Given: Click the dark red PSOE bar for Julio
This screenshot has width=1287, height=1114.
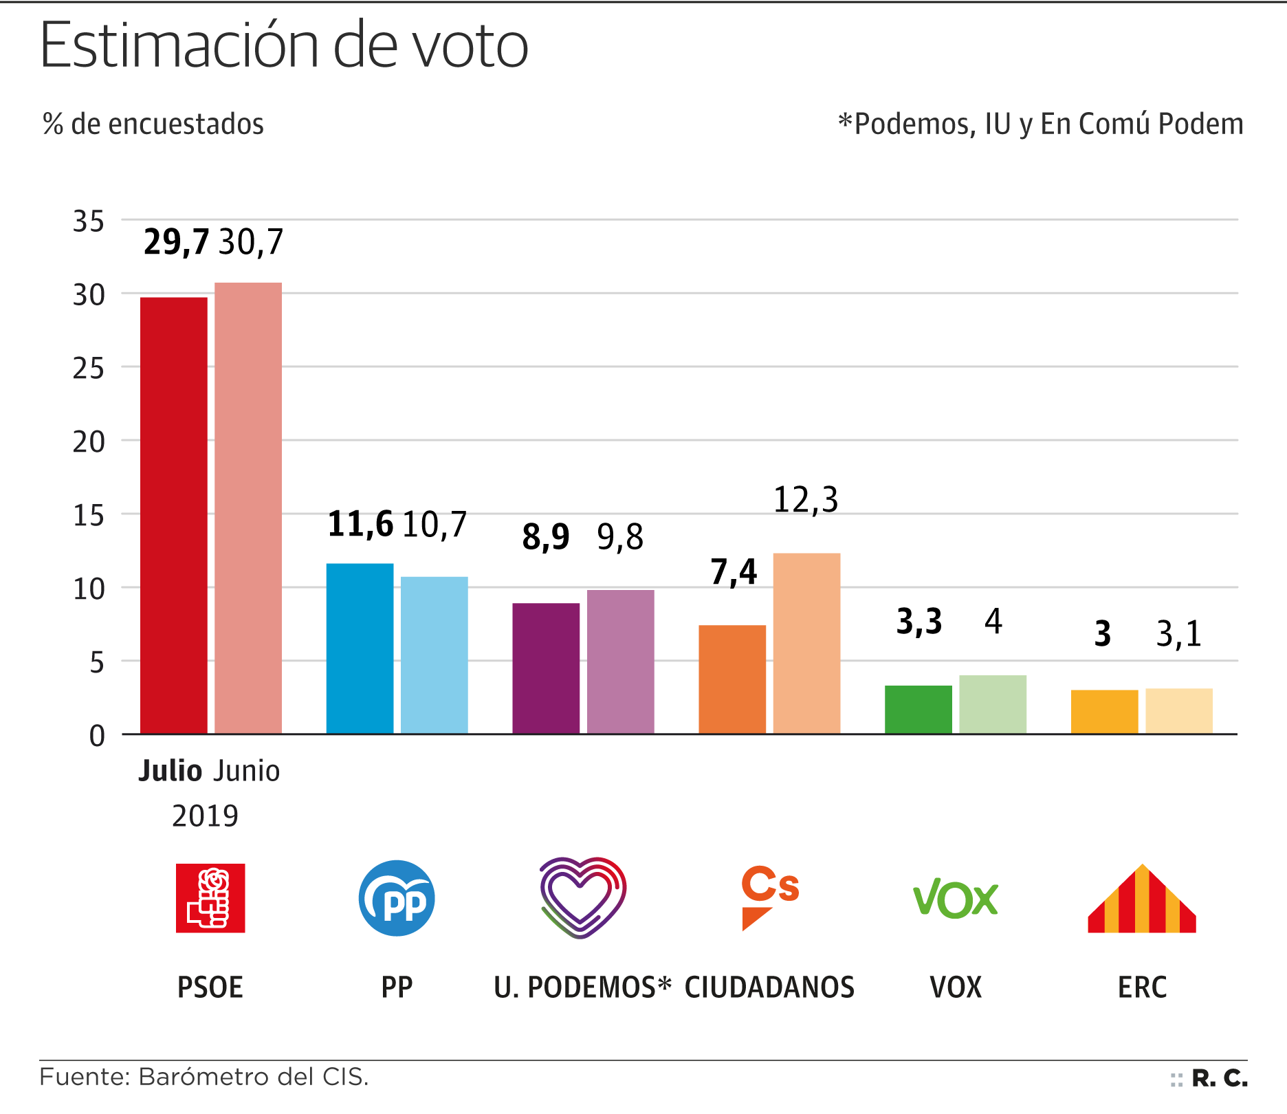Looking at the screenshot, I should pyautogui.click(x=174, y=516).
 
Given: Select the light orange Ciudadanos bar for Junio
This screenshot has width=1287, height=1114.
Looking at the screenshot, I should pyautogui.click(x=806, y=643).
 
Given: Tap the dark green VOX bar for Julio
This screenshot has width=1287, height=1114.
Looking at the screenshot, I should pyautogui.click(x=918, y=710).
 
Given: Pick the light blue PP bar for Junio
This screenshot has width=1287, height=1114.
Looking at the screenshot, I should pyautogui.click(x=434, y=655).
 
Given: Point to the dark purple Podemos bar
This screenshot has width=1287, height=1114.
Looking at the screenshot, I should pyautogui.click(x=546, y=668).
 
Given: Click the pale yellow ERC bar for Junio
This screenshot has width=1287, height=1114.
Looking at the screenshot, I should pyautogui.click(x=1178, y=711).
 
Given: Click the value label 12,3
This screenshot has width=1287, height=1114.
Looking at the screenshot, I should pyautogui.click(x=806, y=500).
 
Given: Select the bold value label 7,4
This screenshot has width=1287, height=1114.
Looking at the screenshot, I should pyautogui.click(x=734, y=572).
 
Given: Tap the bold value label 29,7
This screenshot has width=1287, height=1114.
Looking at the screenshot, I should pyautogui.click(x=176, y=242).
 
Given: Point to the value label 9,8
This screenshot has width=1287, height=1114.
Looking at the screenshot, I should pyautogui.click(x=620, y=537).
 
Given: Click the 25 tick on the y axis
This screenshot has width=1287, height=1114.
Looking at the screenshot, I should pyautogui.click(x=89, y=369).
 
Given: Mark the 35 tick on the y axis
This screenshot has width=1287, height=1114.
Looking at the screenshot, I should pyautogui.click(x=89, y=222).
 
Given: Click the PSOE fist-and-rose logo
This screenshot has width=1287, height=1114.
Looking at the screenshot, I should pyautogui.click(x=210, y=898).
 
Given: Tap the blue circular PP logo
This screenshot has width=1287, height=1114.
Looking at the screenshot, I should pyautogui.click(x=397, y=898).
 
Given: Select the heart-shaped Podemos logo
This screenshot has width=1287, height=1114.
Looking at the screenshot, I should pyautogui.click(x=582, y=897).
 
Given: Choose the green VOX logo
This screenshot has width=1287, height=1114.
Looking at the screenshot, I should pyautogui.click(x=955, y=898).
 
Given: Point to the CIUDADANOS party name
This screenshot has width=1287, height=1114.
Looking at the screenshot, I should pyautogui.click(x=769, y=987).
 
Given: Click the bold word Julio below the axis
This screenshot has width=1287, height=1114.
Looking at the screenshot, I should pyautogui.click(x=170, y=772).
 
